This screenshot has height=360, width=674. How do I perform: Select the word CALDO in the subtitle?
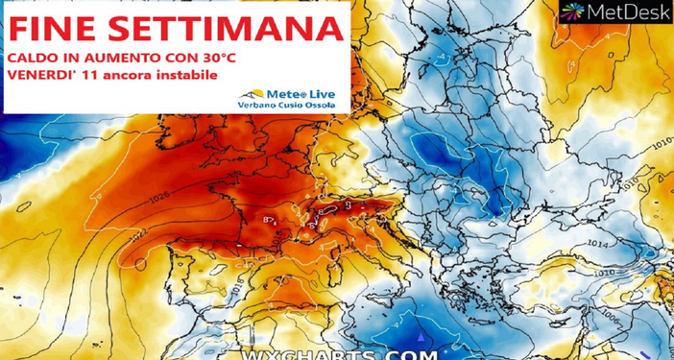[x=32, y=59]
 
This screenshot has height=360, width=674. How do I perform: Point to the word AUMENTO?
[x=108, y=59]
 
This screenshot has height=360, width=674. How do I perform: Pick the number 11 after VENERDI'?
[x=88, y=75]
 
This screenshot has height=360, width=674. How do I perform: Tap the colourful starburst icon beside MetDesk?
[x=575, y=12]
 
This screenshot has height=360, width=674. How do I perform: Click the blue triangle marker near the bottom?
[x=424, y=337]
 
